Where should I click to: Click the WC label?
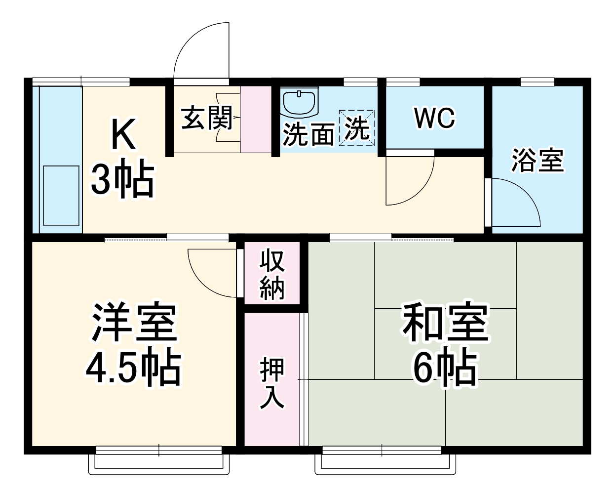click(x=435, y=118)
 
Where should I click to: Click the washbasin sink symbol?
click(x=300, y=102)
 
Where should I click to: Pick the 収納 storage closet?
click(x=272, y=275)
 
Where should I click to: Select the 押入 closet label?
click(x=272, y=383)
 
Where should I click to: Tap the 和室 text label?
click(x=445, y=325)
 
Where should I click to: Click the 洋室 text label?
click(x=133, y=325)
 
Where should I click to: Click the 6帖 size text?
click(x=445, y=369)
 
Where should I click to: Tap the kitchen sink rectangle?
click(x=61, y=196)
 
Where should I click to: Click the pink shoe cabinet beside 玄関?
click(x=256, y=119)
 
